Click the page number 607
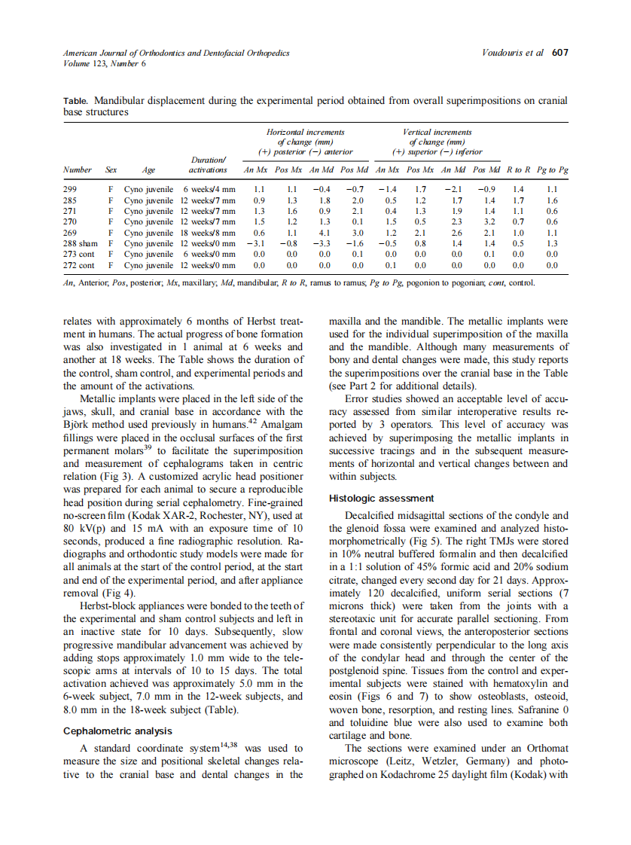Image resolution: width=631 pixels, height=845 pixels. click(559, 53)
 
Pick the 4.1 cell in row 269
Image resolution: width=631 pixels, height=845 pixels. click(325, 233)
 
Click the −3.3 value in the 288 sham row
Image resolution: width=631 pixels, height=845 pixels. click(323, 244)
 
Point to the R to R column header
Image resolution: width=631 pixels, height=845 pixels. click(518, 170)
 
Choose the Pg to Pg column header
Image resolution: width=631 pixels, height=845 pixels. click(552, 170)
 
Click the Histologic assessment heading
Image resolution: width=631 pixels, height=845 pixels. click(381, 498)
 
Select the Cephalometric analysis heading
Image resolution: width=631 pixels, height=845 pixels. click(117, 731)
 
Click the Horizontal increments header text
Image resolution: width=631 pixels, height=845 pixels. click(305, 132)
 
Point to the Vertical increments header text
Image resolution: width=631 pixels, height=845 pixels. click(437, 132)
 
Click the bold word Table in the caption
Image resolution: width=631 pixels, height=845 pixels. click(75, 100)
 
